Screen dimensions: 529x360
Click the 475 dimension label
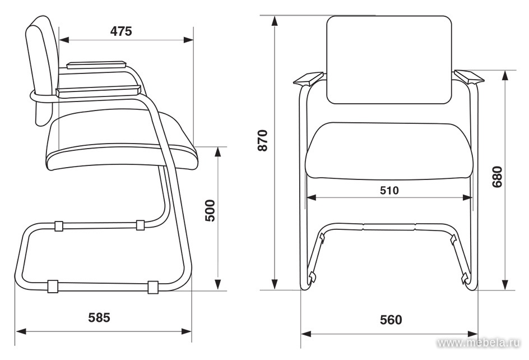coord(121,31)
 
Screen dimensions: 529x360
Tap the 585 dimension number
coord(99,317)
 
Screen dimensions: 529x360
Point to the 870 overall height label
coord(262,140)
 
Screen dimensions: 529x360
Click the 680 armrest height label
coord(497,177)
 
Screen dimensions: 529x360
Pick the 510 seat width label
coord(389,191)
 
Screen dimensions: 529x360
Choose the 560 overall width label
coord(391,320)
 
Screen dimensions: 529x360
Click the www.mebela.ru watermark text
coord(479,343)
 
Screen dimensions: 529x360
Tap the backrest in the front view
coord(389,60)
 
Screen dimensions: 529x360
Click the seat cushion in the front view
coord(389,151)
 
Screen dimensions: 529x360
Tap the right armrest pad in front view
coord(469,77)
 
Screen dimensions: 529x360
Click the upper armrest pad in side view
coord(96,64)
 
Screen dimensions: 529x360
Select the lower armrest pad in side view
coord(98,91)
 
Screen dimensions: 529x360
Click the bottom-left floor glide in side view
coord(52,286)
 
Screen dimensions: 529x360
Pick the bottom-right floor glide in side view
coord(153,287)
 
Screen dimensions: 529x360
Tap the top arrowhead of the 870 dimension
coord(275,21)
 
